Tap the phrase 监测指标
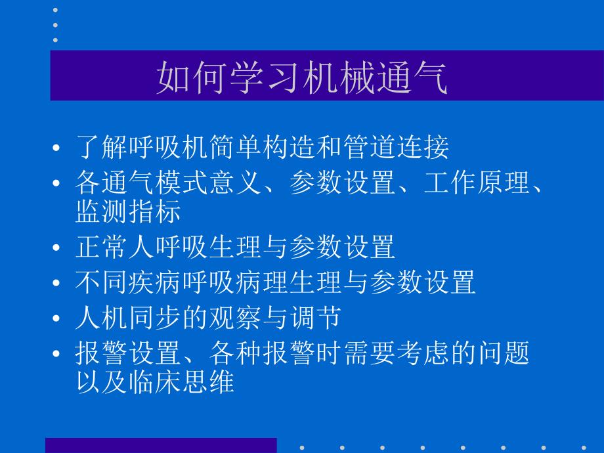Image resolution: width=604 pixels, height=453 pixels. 128,211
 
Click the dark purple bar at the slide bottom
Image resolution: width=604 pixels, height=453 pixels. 161,446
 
